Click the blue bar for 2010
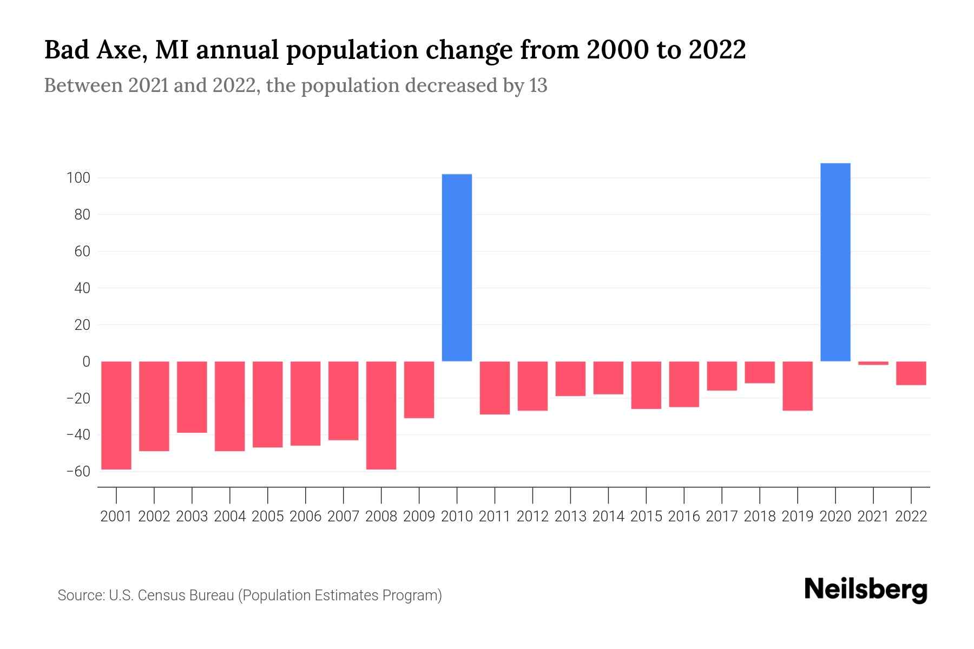(x=457, y=268)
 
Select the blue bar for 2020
(x=835, y=262)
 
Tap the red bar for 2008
(x=381, y=415)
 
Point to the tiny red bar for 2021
(x=873, y=363)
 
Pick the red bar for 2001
(x=116, y=415)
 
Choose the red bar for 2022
(x=911, y=373)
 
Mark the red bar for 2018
(x=759, y=372)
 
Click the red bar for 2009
(x=419, y=389)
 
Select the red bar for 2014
(x=608, y=378)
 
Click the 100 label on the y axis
(x=78, y=178)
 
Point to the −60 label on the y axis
(x=78, y=472)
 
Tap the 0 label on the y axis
(x=85, y=361)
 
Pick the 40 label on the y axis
(x=82, y=288)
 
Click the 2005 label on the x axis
(x=268, y=516)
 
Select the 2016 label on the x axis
(x=684, y=516)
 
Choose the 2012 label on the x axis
(x=532, y=516)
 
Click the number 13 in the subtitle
(x=538, y=85)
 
